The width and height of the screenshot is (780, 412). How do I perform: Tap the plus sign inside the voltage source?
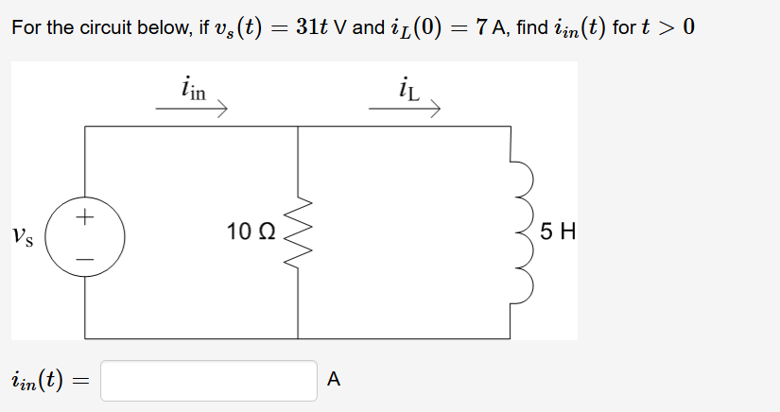pyautogui.click(x=85, y=217)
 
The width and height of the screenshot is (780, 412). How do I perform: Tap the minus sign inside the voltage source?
pyautogui.click(x=85, y=253)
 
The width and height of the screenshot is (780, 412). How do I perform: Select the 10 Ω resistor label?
pyautogui.click(x=251, y=230)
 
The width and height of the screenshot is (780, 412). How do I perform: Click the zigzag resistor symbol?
pyautogui.click(x=299, y=232)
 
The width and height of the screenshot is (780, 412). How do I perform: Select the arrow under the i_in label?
pyautogui.click(x=192, y=110)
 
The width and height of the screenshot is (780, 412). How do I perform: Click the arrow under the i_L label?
pyautogui.click(x=405, y=110)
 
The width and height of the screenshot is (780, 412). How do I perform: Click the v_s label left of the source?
pyautogui.click(x=25, y=233)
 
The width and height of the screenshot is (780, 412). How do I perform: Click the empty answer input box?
pyautogui.click(x=209, y=380)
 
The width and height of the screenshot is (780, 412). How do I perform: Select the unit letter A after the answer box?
pyautogui.click(x=332, y=380)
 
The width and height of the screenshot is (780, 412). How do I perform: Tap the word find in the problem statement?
pyautogui.click(x=532, y=27)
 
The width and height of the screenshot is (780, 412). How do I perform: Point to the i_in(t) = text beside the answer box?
pyautogui.click(x=46, y=381)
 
